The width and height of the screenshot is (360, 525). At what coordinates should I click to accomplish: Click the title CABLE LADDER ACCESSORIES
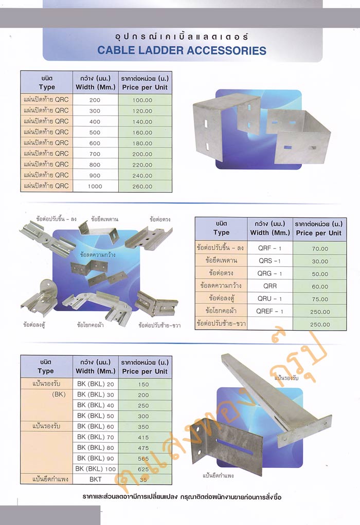[x=182, y=50]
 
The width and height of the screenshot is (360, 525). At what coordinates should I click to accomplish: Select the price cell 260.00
[x=142, y=187]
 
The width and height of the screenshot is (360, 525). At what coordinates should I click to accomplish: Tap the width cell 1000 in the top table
[x=95, y=187]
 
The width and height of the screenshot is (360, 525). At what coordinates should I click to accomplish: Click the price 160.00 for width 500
[x=142, y=133]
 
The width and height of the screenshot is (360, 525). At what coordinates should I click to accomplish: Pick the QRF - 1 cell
[x=269, y=248]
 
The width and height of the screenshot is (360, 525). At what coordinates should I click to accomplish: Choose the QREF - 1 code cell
[x=269, y=312]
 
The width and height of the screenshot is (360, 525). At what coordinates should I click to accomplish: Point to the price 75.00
[x=320, y=299]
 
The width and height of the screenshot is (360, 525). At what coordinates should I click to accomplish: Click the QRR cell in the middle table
[x=270, y=286]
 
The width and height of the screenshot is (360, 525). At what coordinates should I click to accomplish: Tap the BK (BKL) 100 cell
[x=96, y=469]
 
